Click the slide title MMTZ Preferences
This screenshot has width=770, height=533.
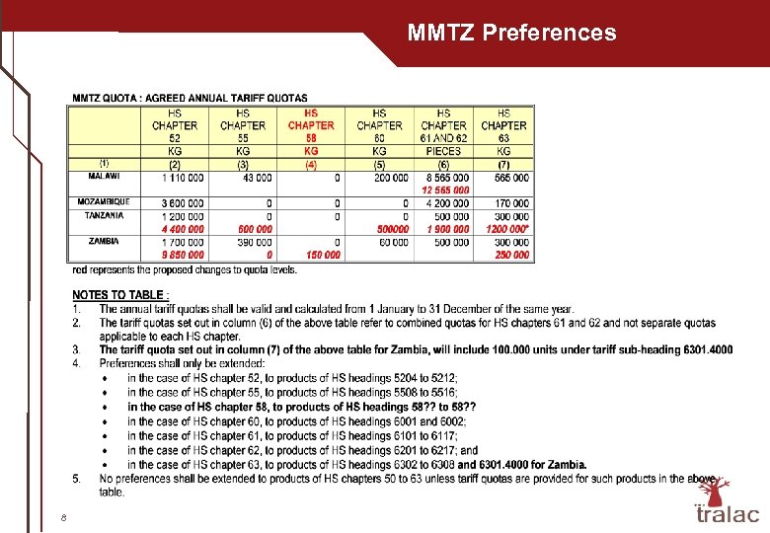tap(511, 33)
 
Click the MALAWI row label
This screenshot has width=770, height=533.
tap(105, 177)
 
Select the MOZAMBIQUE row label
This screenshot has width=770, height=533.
tap(105, 202)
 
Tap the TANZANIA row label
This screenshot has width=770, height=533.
tap(105, 215)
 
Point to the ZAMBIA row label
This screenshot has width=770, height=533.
tap(105, 241)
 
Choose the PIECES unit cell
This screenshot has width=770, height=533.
tap(443, 151)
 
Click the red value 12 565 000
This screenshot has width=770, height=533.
tap(445, 190)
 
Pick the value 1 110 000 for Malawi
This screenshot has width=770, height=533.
tap(183, 178)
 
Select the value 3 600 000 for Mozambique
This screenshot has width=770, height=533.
tap(183, 203)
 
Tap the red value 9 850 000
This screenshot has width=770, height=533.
tap(183, 255)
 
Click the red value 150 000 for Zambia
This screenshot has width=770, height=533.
tap(320, 255)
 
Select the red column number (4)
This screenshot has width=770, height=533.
tap(311, 164)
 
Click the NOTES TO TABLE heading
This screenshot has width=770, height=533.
tap(120, 295)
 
